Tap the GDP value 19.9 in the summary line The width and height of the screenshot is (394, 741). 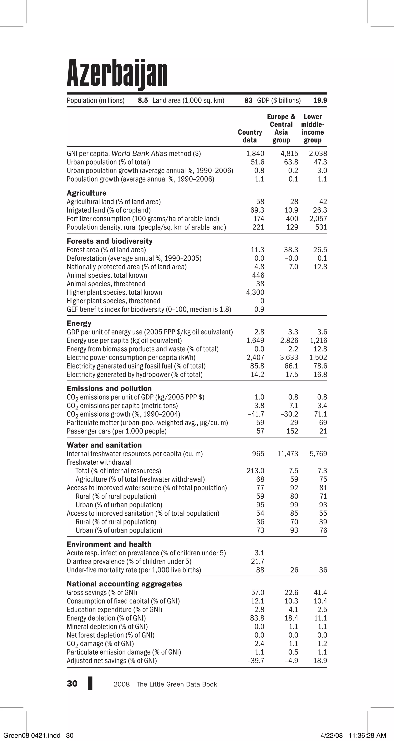point(320,100)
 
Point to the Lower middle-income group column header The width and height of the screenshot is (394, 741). point(313,128)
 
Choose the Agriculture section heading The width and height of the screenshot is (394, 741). point(86,193)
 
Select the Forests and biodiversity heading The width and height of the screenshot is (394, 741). point(109,241)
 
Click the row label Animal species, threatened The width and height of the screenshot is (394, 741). point(106,284)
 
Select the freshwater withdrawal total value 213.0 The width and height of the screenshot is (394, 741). point(255,471)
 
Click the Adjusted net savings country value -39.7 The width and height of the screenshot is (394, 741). point(256,661)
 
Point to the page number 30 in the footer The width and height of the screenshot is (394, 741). point(72,684)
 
